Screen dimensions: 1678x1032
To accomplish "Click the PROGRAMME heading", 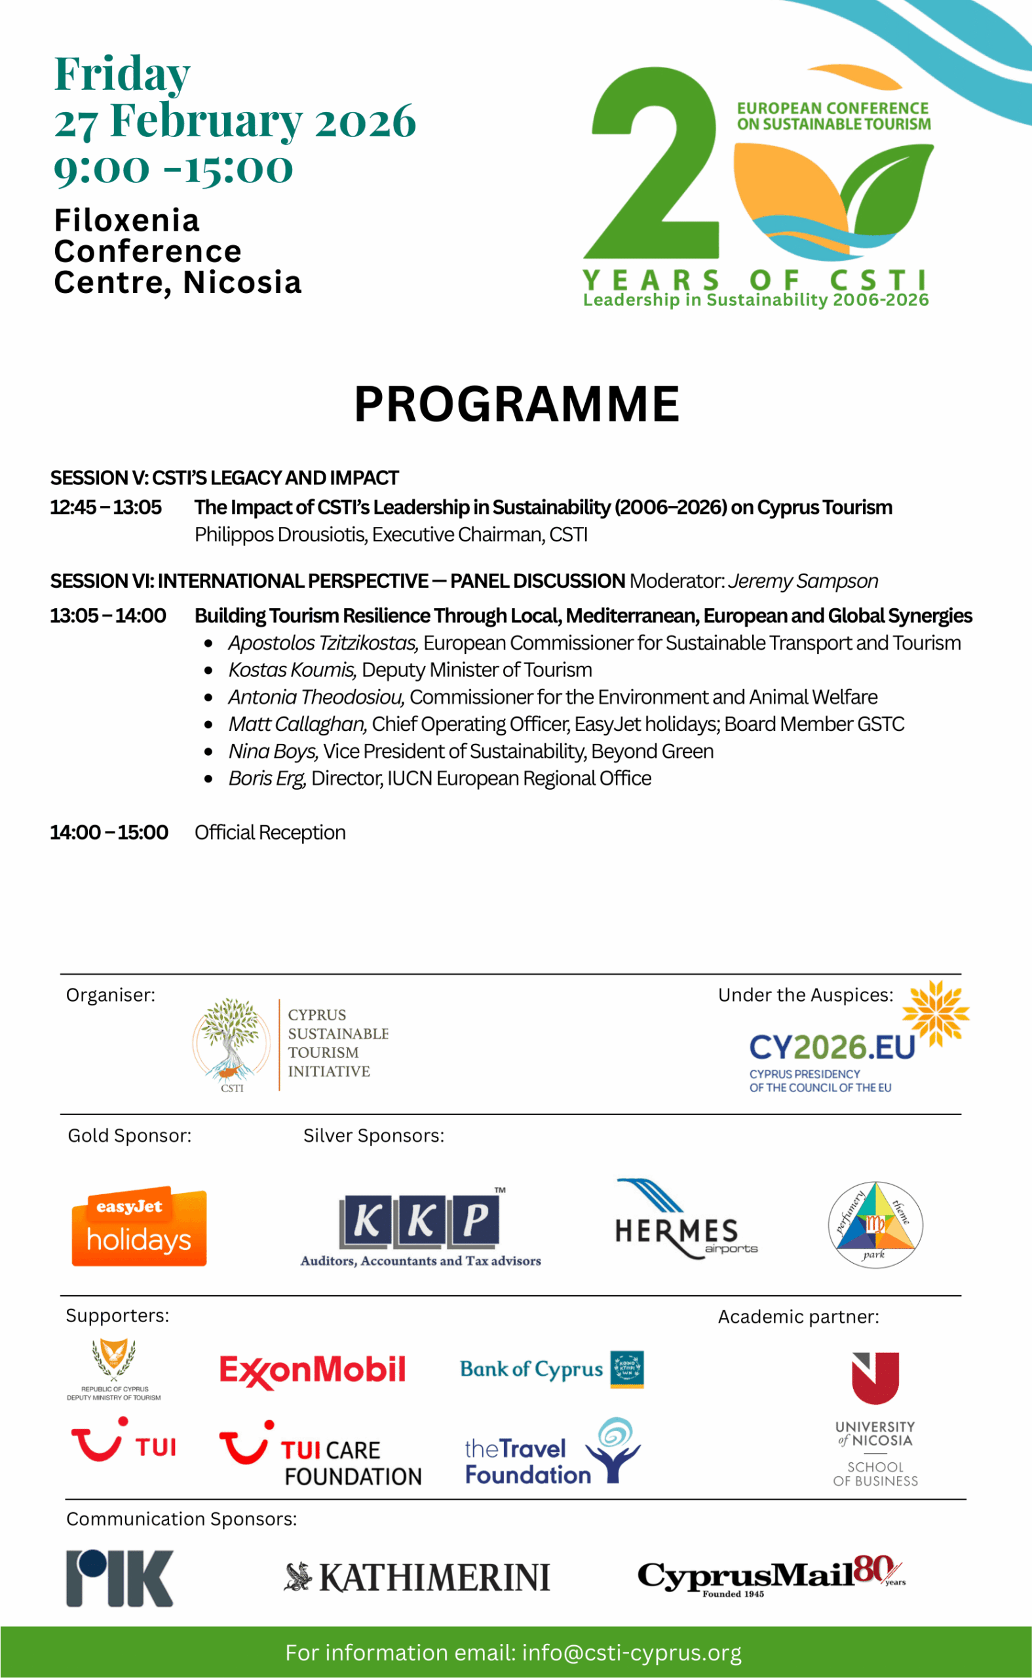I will [516, 404].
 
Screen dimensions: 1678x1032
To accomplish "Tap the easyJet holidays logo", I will [139, 1227].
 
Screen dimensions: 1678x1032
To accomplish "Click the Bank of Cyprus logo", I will [552, 1369].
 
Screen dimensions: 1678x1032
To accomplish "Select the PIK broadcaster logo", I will [119, 1578].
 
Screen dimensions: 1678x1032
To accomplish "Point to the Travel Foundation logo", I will [552, 1452].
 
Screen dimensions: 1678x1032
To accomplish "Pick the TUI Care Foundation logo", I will [321, 1454].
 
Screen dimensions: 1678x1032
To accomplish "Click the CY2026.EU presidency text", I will [831, 1047].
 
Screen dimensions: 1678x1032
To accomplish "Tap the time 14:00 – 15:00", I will [109, 832].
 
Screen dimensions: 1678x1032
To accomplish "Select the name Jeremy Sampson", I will [803, 581].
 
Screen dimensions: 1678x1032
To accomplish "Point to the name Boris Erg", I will [267, 778].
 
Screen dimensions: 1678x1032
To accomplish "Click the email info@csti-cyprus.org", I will [632, 1652].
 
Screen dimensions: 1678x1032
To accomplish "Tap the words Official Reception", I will [270, 832].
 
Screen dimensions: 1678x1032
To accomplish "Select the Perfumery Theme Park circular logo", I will [875, 1224].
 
